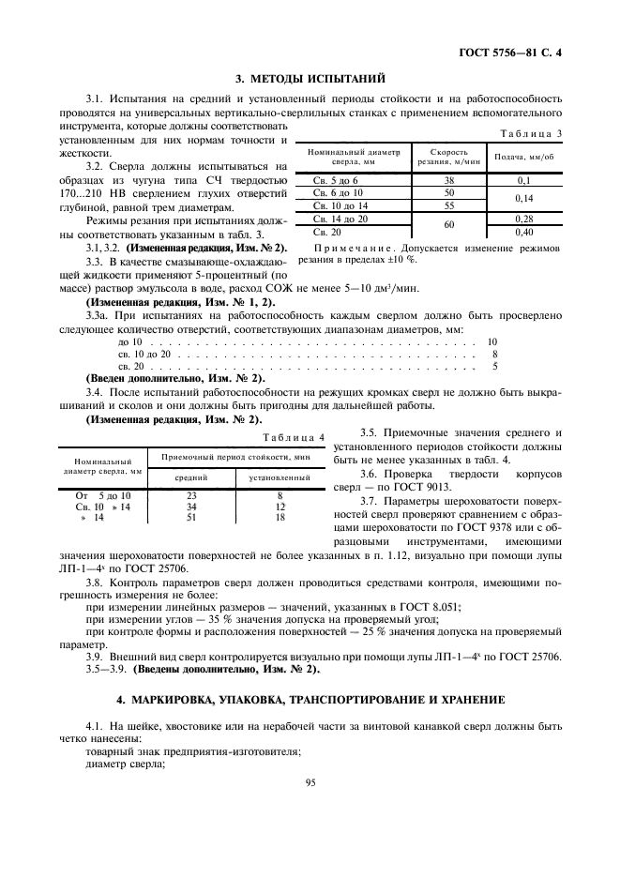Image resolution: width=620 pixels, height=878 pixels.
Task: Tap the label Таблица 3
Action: click(x=531, y=133)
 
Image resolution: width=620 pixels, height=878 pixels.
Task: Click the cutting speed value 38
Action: click(x=448, y=178)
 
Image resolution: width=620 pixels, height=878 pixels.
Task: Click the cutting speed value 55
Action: click(x=448, y=204)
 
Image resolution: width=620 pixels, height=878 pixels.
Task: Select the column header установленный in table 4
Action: click(x=279, y=477)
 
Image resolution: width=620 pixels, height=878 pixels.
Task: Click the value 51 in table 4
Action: click(x=191, y=517)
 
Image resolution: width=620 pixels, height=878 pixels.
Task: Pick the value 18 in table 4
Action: click(x=279, y=517)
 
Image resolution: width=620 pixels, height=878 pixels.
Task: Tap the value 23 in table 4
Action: click(x=191, y=494)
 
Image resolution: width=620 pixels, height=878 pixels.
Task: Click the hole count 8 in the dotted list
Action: click(x=494, y=355)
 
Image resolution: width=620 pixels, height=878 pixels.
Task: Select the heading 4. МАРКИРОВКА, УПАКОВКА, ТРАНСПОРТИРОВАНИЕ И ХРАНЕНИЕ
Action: click(x=310, y=700)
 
